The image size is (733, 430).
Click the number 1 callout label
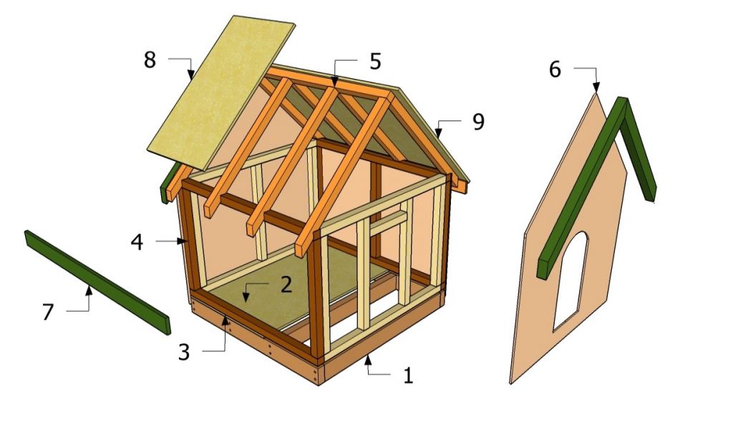tap(408, 376)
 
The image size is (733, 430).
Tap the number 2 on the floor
tap(286, 285)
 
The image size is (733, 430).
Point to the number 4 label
tap(137, 242)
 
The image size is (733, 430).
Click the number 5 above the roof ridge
tap(375, 62)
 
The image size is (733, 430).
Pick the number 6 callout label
tap(555, 70)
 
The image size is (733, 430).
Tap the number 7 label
tap(48, 312)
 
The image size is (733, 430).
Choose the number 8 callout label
tap(150, 60)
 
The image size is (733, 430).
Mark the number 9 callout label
tap(478, 122)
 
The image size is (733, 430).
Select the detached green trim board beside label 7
tap(97, 282)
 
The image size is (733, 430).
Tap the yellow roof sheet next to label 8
tap(221, 92)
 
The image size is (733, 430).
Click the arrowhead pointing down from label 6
tap(596, 87)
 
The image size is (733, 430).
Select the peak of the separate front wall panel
tap(596, 93)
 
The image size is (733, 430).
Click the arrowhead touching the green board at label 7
tap(89, 292)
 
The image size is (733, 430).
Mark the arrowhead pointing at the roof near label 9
tap(438, 133)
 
